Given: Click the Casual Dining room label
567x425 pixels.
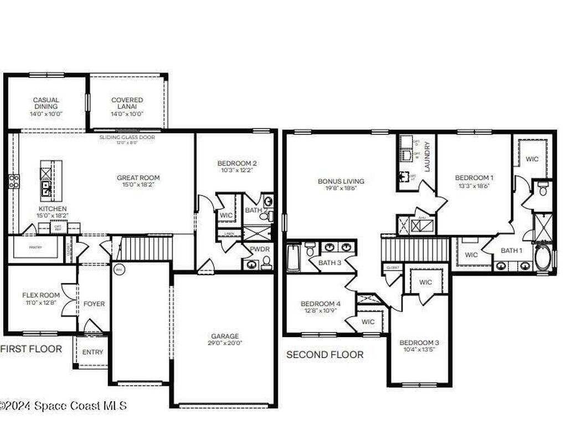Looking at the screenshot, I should tap(45, 100).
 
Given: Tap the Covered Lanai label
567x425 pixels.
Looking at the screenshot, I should tap(127, 100).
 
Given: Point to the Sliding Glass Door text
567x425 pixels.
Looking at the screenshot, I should tap(127, 137).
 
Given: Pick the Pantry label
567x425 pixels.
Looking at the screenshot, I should tap(35, 240).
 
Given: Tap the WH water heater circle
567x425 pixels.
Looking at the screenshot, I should tap(118, 269).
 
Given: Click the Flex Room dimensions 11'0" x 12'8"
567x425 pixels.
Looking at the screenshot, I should tap(40, 302).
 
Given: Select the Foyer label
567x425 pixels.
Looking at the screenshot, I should tap(94, 304).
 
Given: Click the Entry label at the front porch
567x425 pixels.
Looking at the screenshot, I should tap(92, 352).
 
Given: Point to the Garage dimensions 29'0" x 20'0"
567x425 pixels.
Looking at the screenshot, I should tap(225, 343).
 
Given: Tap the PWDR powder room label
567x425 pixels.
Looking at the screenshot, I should tap(260, 249).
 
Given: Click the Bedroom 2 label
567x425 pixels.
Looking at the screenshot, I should tap(237, 163).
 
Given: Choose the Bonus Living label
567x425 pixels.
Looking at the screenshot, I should tap(341, 181).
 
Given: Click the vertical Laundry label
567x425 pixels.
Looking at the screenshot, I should tap(427, 157).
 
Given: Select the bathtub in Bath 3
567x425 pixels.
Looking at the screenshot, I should tap(293, 258).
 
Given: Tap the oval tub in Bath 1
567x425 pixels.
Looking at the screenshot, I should tap(543, 258).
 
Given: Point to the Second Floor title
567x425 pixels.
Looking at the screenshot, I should tap(324, 355).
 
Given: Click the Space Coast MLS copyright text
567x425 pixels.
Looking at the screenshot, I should tap(63, 406).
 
